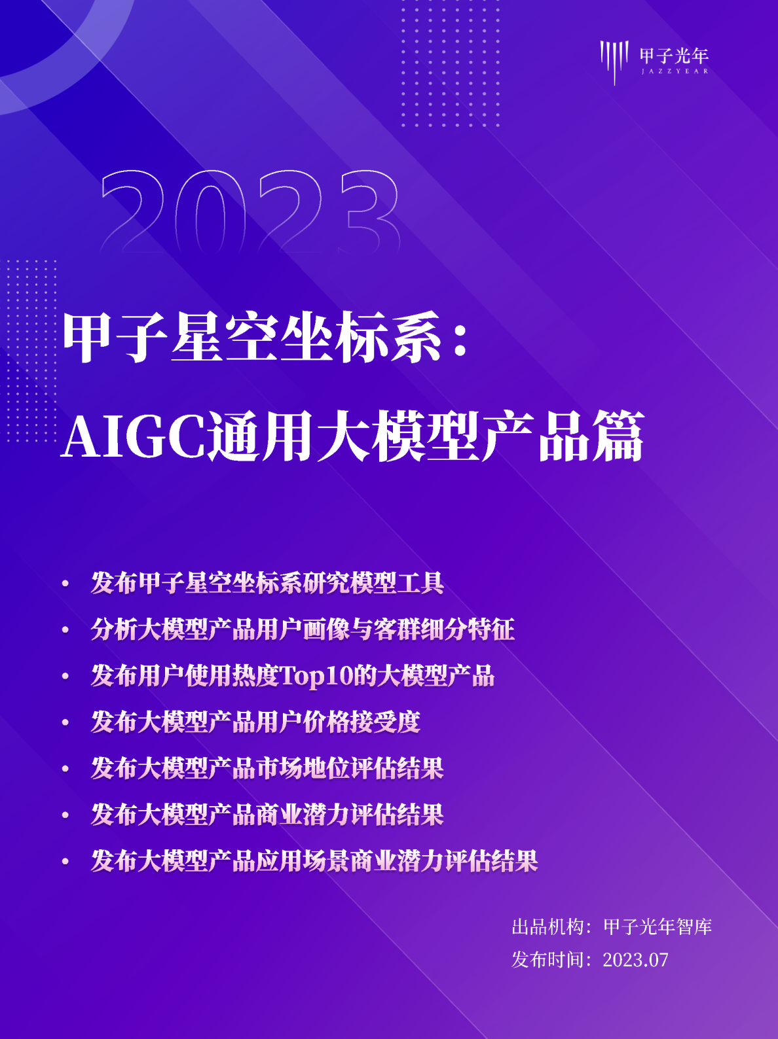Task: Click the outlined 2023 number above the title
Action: (x=250, y=211)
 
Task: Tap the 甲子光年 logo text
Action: (x=674, y=55)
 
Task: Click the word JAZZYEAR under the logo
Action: (x=675, y=71)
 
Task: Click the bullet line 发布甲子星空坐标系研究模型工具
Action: (x=267, y=583)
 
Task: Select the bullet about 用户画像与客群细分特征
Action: (x=303, y=629)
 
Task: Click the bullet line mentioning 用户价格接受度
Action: (x=255, y=722)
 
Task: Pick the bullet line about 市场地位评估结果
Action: (x=267, y=768)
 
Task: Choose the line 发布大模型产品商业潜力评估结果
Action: (x=267, y=815)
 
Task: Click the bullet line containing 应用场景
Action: (x=314, y=861)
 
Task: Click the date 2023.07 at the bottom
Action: (x=635, y=960)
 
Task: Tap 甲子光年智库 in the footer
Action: (x=657, y=926)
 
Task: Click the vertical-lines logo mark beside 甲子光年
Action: (x=614, y=60)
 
